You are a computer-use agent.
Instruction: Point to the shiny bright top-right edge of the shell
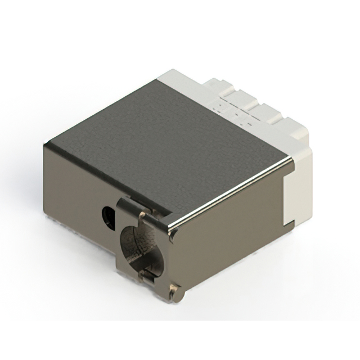coord(236,191)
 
